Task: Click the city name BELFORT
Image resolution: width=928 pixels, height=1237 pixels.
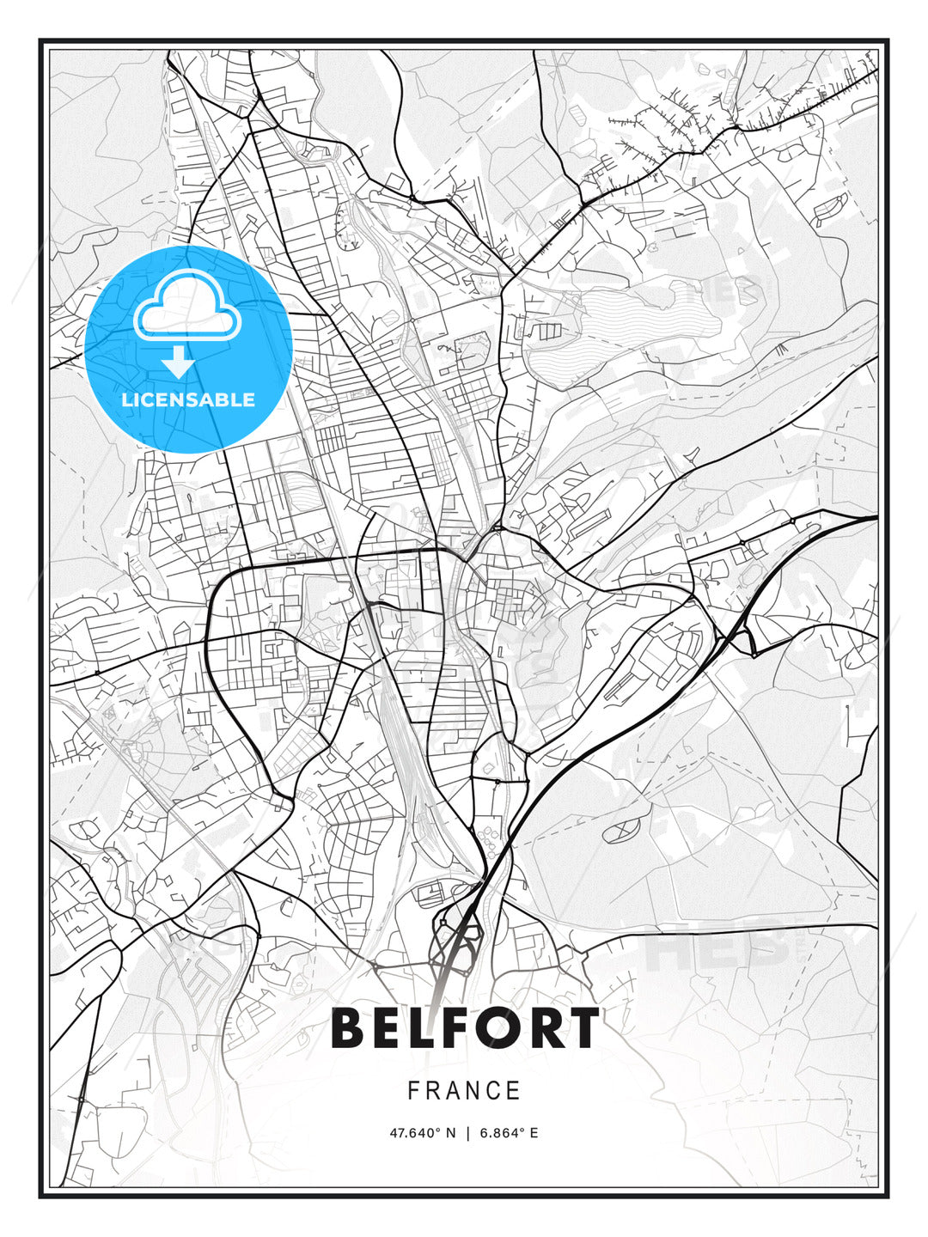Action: click(x=465, y=1028)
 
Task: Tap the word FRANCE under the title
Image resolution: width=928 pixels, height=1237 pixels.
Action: click(x=464, y=1091)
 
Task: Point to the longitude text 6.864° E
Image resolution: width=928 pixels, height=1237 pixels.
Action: click(x=510, y=1133)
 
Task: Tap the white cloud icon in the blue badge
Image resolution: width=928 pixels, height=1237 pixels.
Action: click(x=186, y=308)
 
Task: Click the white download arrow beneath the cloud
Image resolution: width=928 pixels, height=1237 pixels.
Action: click(x=179, y=362)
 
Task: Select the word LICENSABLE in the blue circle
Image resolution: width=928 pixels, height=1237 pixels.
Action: click(x=188, y=399)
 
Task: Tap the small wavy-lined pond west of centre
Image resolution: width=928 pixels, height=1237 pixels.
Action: click(x=301, y=494)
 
